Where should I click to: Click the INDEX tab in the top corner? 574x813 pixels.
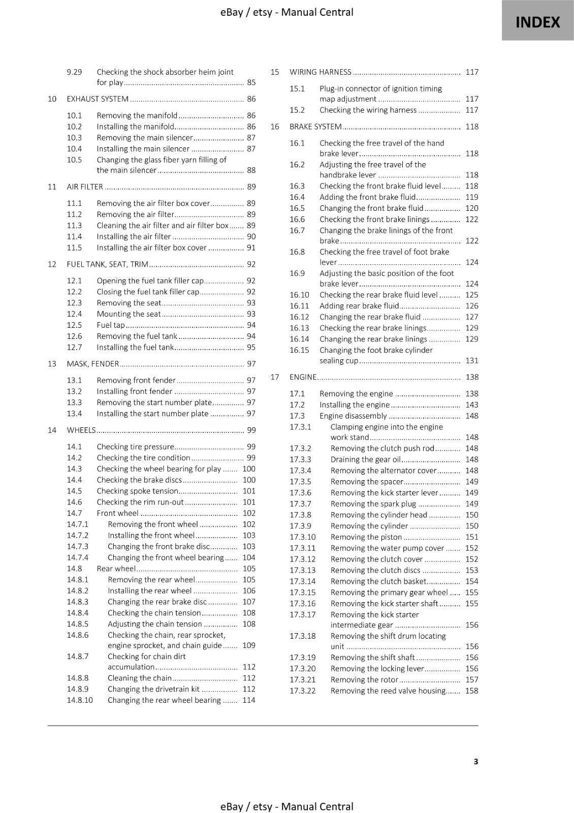(x=537, y=22)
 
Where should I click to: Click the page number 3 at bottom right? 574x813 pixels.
(x=475, y=761)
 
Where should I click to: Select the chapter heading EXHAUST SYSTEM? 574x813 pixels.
(x=98, y=99)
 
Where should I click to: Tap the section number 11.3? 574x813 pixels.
(x=74, y=226)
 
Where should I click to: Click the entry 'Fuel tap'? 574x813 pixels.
(x=111, y=325)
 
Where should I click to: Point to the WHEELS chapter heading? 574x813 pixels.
(x=81, y=430)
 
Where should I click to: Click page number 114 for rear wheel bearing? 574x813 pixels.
(x=249, y=700)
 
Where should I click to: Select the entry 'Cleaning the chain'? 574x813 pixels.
(x=140, y=678)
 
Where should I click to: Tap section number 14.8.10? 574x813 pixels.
(x=80, y=700)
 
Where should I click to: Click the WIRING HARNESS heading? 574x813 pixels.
(x=320, y=72)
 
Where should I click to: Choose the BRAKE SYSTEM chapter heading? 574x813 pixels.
(x=315, y=127)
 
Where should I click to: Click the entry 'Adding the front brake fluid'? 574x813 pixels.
(x=367, y=197)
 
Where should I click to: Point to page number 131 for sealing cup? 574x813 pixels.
(x=472, y=361)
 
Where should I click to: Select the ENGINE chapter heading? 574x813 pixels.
(x=303, y=377)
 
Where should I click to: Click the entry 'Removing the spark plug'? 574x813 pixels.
(x=373, y=504)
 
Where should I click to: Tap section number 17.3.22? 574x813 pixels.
(x=303, y=691)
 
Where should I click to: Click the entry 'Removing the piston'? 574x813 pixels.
(x=366, y=537)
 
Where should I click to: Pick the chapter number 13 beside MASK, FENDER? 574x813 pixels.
(x=52, y=364)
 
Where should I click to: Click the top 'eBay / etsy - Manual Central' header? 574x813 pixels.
(x=287, y=12)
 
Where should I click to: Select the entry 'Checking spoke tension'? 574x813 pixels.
(x=137, y=491)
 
